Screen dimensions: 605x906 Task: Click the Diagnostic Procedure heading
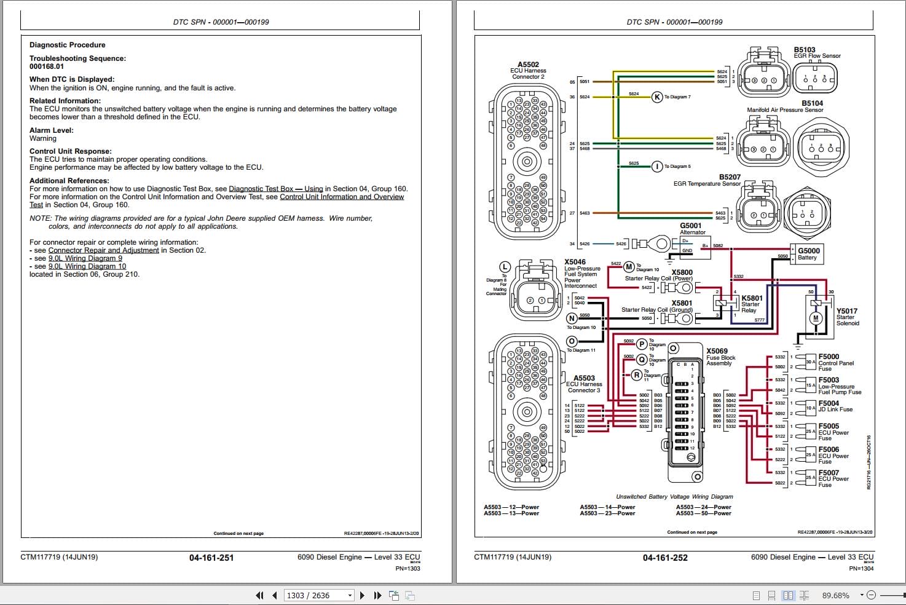(x=68, y=45)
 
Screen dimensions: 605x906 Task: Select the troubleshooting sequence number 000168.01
(x=47, y=66)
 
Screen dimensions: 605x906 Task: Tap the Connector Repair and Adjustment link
(x=103, y=250)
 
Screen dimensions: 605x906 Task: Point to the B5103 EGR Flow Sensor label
(x=816, y=53)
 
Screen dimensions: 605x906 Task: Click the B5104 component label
(x=811, y=103)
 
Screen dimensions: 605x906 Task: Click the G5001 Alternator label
(x=691, y=228)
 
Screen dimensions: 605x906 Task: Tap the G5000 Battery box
(x=808, y=253)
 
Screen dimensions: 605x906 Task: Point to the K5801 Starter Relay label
(x=751, y=304)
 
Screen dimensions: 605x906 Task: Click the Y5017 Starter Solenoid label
(x=847, y=317)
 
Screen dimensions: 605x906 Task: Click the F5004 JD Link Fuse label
(x=835, y=406)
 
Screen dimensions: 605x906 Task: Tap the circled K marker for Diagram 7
(x=657, y=97)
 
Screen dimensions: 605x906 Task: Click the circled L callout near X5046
(x=505, y=267)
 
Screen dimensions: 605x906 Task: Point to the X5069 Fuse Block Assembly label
(x=720, y=357)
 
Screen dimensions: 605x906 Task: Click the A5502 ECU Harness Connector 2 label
(x=528, y=70)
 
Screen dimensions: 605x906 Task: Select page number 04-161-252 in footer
(x=665, y=558)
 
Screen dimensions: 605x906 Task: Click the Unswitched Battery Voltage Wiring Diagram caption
(x=674, y=496)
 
